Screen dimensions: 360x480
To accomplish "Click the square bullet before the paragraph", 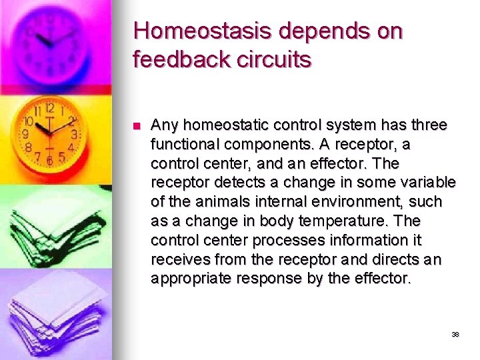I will [136, 126].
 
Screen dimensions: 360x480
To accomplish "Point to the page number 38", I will [455, 334].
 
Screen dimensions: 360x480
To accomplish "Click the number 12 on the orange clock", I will [49, 109].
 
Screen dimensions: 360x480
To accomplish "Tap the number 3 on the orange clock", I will [74, 134].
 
